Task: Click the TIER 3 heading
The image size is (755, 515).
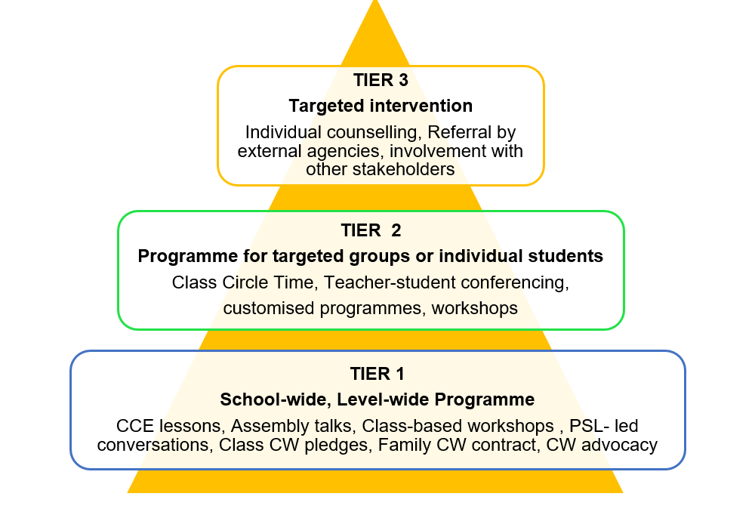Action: (x=381, y=80)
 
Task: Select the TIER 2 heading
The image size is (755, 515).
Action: (x=371, y=230)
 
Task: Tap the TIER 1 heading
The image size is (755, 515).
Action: (x=377, y=374)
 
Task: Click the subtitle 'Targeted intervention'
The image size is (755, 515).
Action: (x=381, y=106)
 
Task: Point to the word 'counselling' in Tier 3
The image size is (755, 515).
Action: (x=372, y=132)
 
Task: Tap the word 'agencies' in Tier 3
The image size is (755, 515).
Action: (x=346, y=151)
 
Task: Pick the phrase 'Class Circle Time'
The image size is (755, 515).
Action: (x=245, y=282)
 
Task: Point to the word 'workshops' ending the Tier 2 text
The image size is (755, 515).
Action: (x=474, y=308)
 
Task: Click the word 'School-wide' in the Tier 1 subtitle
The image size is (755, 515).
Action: (x=276, y=399)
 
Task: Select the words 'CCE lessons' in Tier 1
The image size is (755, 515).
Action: (x=168, y=426)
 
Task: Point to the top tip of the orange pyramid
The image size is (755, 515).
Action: (x=375, y=1)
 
